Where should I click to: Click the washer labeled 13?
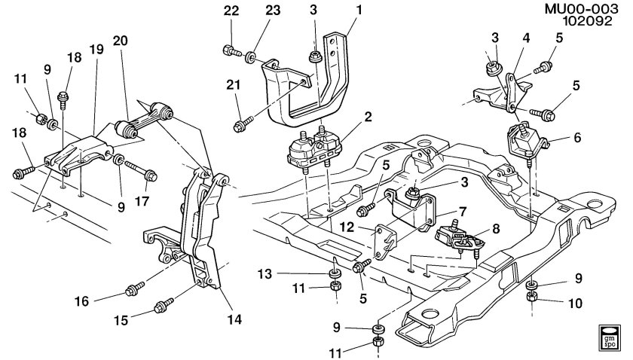pos(332,272)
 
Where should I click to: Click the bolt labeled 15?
pos(161,306)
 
